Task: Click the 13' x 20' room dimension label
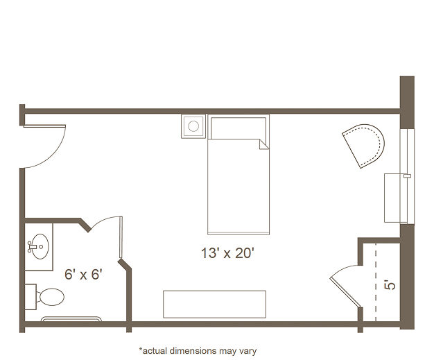coord(227,253)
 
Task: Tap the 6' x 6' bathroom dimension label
coord(83,275)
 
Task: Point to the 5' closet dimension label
coord(390,285)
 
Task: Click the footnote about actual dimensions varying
coord(198,351)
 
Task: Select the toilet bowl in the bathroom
coord(52,297)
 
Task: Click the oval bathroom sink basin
coord(40,246)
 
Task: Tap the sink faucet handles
coord(30,246)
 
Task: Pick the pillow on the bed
coord(238,128)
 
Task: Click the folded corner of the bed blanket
coord(264,144)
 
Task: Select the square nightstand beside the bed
coord(193,126)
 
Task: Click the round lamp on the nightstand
coord(193,126)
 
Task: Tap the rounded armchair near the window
coord(364,146)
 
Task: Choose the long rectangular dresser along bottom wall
coord(214,304)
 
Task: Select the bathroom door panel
coord(121,238)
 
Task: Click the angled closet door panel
coord(345,293)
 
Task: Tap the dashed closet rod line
coord(376,282)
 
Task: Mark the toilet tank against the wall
coord(31,297)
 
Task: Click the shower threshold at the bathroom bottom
coord(71,319)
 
